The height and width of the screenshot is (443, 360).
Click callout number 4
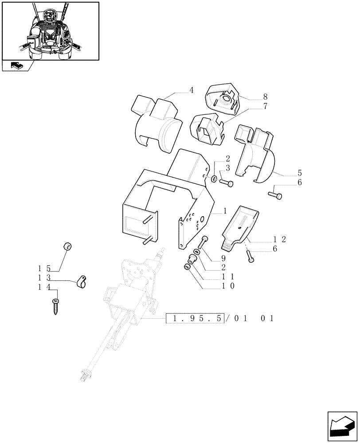click(192, 90)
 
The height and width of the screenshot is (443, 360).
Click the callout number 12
click(280, 240)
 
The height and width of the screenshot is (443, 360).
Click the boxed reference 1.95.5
click(195, 319)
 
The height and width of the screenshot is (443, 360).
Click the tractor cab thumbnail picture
click(50, 31)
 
